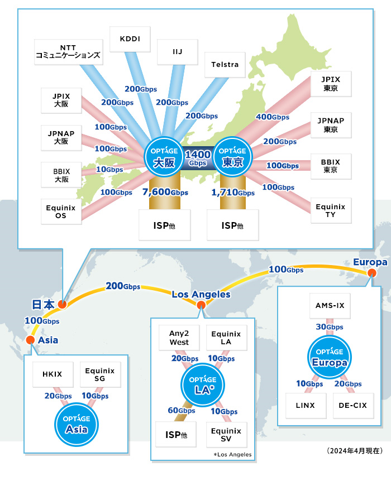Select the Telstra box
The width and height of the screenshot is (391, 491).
(225, 65)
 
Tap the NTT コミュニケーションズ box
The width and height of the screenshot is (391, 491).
(68, 52)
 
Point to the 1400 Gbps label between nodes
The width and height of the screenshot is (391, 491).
(198, 158)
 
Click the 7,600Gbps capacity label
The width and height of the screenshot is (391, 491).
(165, 192)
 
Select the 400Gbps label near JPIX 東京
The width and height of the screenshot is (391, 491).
(272, 117)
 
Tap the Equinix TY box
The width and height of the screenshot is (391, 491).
(331, 210)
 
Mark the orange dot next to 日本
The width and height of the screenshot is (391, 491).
(62, 305)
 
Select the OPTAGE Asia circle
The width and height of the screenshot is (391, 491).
(77, 425)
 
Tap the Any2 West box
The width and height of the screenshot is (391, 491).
(179, 338)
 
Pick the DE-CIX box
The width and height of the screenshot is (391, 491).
(353, 405)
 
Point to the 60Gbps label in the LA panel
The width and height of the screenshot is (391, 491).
(182, 411)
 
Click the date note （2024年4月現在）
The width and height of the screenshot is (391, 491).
(354, 450)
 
